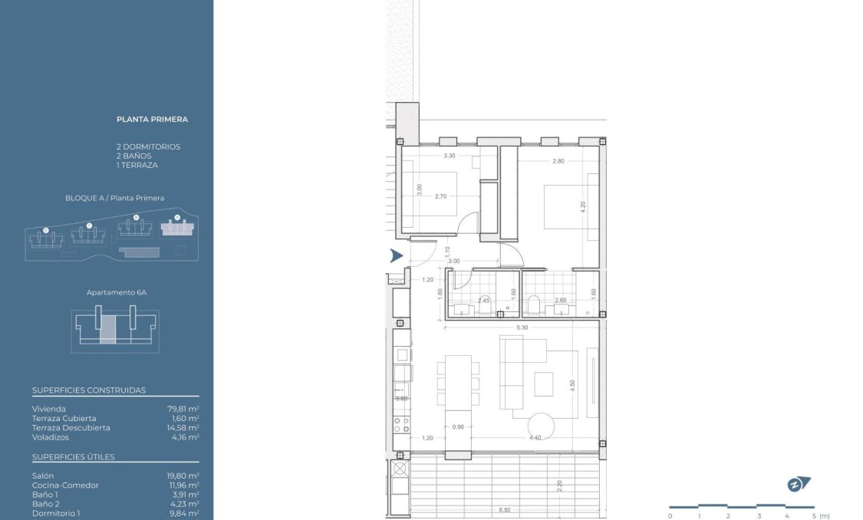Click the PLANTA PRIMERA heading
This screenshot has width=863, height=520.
tap(152, 119)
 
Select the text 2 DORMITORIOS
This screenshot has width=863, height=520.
tap(148, 146)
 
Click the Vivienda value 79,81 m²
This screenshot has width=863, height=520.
tap(183, 409)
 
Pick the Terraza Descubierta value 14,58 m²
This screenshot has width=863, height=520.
tap(183, 427)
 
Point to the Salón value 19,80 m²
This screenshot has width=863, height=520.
tap(183, 476)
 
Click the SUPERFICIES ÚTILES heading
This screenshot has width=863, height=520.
tap(74, 457)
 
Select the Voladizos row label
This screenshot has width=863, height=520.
tap(51, 436)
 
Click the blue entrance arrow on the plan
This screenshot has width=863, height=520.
tap(396, 255)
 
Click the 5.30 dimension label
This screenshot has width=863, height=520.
tap(522, 327)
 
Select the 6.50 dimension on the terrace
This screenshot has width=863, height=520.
tap(505, 509)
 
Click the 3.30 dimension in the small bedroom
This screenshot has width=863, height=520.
tap(450, 156)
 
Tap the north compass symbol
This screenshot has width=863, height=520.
tap(799, 484)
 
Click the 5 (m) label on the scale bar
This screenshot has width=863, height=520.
tap(819, 516)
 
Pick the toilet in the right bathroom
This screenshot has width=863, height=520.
tap(535, 307)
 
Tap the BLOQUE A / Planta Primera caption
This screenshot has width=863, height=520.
tap(114, 198)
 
